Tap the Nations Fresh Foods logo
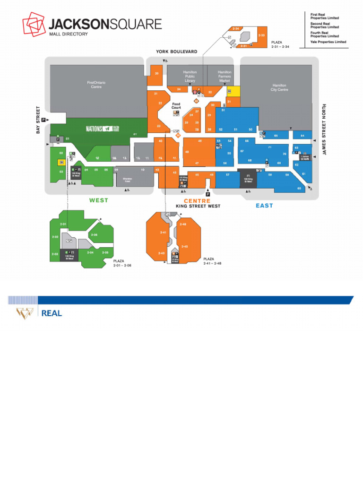pyautogui.click(x=101, y=129)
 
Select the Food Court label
pyautogui.click(x=176, y=106)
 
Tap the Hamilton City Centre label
pyautogui.click(x=279, y=87)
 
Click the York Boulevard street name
pyautogui.click(x=177, y=52)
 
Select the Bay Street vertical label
pyautogui.click(x=38, y=120)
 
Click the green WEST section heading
pyautogui.click(x=99, y=200)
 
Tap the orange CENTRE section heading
pyautogui.click(x=197, y=201)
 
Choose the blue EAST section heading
pyautogui.click(x=265, y=206)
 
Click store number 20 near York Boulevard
pyautogui.click(x=156, y=73)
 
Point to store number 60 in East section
pyautogui.click(x=299, y=189)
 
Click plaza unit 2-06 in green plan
pyautogui.click(x=95, y=235)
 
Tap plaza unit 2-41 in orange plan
pyautogui.click(x=164, y=233)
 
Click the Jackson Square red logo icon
pyautogui.click(x=34, y=26)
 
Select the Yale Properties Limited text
pyautogui.click(x=328, y=42)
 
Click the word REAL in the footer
pyautogui.click(x=52, y=313)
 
